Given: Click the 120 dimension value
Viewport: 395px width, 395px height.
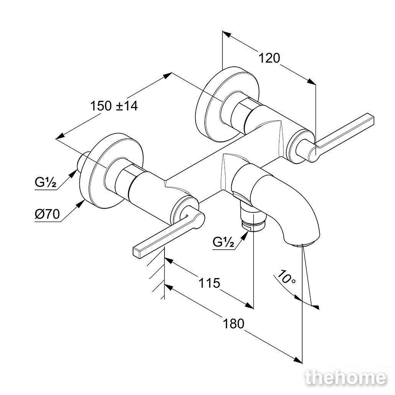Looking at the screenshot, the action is (x=269, y=58).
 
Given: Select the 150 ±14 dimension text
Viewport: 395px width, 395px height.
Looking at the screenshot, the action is (x=114, y=106).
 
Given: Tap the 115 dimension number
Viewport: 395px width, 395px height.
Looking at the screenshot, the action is (x=209, y=283).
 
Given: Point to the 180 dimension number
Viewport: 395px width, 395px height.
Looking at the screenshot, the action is (x=234, y=324).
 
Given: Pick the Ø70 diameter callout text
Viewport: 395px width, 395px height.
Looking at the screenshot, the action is (x=47, y=214).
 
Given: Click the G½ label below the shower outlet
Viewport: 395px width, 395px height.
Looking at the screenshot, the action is (x=224, y=243).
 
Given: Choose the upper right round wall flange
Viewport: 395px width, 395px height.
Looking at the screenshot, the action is (x=227, y=104).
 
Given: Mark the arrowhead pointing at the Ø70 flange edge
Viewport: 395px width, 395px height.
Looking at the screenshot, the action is (x=81, y=204).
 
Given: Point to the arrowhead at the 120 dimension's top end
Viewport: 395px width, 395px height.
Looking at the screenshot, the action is (x=227, y=34).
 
